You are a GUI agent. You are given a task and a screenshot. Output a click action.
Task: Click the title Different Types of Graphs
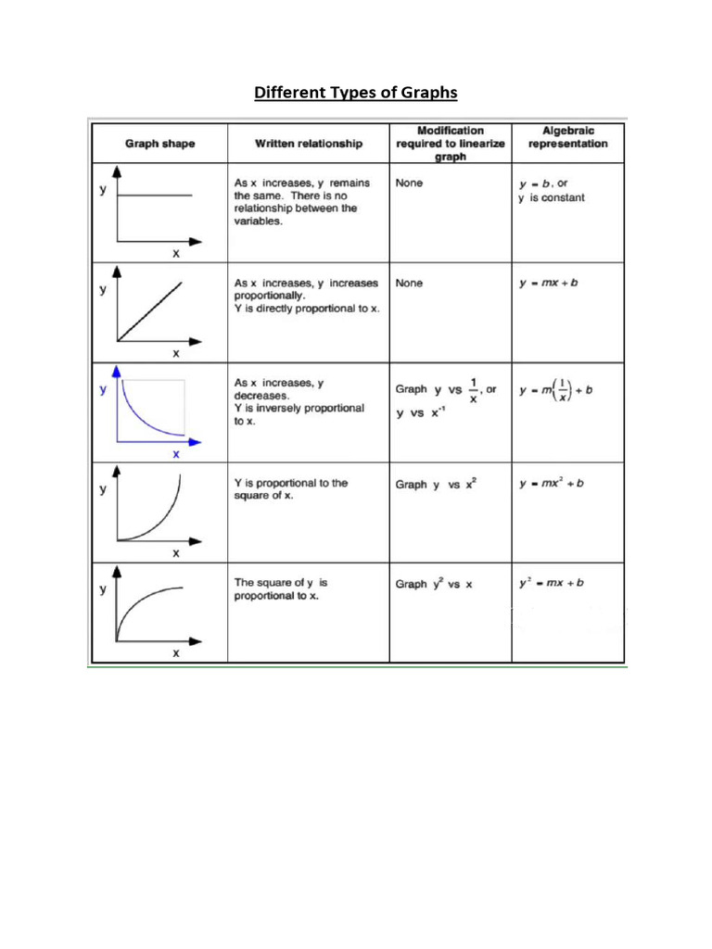pyautogui.click(x=356, y=93)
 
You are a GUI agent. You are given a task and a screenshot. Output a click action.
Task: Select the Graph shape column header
pyautogui.click(x=160, y=144)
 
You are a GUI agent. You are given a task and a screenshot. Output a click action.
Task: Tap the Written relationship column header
pyautogui.click(x=309, y=144)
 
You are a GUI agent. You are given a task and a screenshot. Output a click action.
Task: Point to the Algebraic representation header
pyautogui.click(x=567, y=137)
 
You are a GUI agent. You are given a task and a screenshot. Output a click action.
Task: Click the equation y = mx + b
pyautogui.click(x=549, y=283)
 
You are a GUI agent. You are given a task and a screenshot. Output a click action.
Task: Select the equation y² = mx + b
pyautogui.click(x=551, y=583)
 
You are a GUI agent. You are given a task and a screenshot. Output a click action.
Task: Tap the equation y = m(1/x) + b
pyautogui.click(x=556, y=390)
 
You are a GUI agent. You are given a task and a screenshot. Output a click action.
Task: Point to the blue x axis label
pyautogui.click(x=175, y=454)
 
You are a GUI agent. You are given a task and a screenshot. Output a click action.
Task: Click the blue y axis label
pyautogui.click(x=103, y=389)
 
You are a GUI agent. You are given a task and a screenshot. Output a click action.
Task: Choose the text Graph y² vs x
pyautogui.click(x=434, y=584)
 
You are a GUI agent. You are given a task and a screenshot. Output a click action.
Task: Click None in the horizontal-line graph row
pyautogui.click(x=409, y=183)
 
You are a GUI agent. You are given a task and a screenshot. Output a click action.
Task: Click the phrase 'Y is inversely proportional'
pyautogui.click(x=299, y=408)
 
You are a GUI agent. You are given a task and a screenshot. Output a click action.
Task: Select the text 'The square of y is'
pyautogui.click(x=280, y=583)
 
